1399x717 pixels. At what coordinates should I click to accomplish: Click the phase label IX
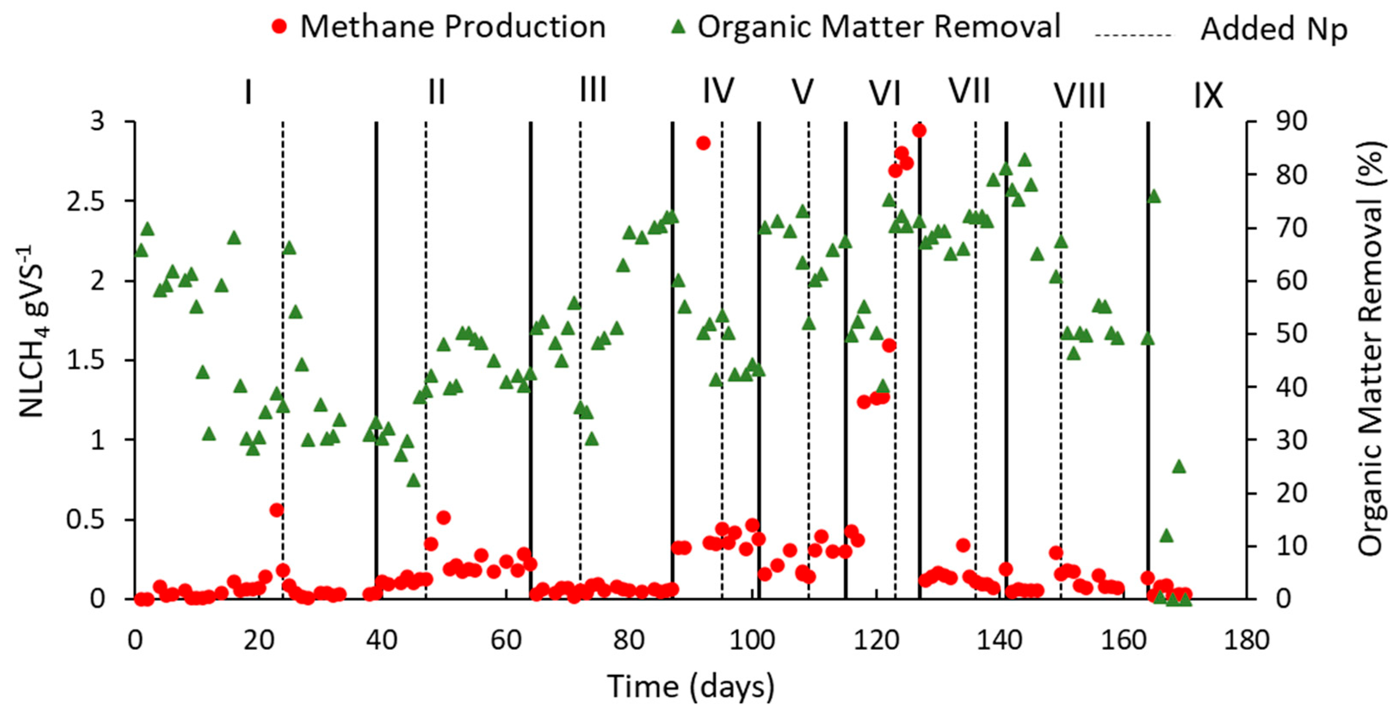point(1208,96)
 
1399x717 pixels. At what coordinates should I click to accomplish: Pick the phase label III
point(593,90)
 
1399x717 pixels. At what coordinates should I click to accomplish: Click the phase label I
point(248,93)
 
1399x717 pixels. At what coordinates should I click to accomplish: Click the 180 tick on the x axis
point(1246,640)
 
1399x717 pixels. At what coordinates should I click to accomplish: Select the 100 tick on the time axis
point(752,640)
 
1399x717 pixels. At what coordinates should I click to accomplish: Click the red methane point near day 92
point(703,143)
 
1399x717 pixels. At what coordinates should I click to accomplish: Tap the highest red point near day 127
point(919,131)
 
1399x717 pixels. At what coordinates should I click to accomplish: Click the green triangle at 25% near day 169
point(1179,467)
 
